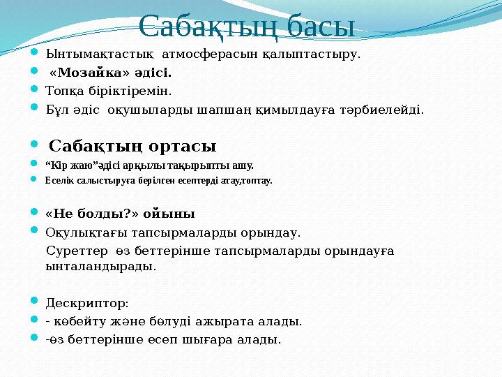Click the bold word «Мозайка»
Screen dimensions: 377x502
88,72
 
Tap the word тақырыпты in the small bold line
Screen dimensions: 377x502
189,166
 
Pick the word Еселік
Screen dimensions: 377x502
58,181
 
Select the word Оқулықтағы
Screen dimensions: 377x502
81,232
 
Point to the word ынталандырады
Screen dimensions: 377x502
100,266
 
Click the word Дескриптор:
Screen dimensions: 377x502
86,303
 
